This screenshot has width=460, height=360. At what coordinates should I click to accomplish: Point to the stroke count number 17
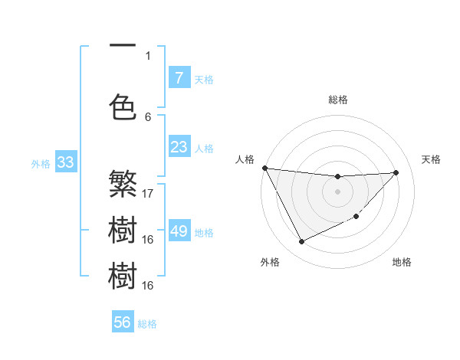pyautogui.click(x=148, y=193)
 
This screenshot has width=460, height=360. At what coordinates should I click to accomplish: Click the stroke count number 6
pyautogui.click(x=148, y=116)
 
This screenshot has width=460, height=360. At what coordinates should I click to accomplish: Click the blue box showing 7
pyautogui.click(x=179, y=77)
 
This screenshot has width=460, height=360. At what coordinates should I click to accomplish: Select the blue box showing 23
pyautogui.click(x=179, y=147)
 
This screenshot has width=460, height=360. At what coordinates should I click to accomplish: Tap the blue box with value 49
pyautogui.click(x=179, y=231)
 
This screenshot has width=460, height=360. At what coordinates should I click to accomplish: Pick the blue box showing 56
pyautogui.click(x=123, y=322)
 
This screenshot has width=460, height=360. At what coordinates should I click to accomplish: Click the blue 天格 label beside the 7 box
pyautogui.click(x=204, y=79)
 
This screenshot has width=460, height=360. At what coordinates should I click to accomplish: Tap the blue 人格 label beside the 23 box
pyautogui.click(x=204, y=148)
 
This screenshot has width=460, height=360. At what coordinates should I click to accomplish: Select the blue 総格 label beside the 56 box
pyautogui.click(x=147, y=324)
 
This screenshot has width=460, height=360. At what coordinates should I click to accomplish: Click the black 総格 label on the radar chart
pyautogui.click(x=337, y=100)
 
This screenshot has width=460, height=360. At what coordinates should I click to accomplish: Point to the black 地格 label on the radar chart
pyautogui.click(x=402, y=262)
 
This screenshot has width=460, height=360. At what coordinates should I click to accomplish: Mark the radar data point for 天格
pyautogui.click(x=396, y=172)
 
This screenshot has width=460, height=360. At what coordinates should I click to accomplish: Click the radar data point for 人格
pyautogui.click(x=264, y=168)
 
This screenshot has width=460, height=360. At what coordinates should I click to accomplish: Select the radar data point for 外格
pyautogui.click(x=301, y=242)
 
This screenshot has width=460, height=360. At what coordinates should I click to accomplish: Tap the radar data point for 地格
pyautogui.click(x=356, y=217)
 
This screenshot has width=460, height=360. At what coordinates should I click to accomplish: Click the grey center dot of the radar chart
pyautogui.click(x=337, y=191)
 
